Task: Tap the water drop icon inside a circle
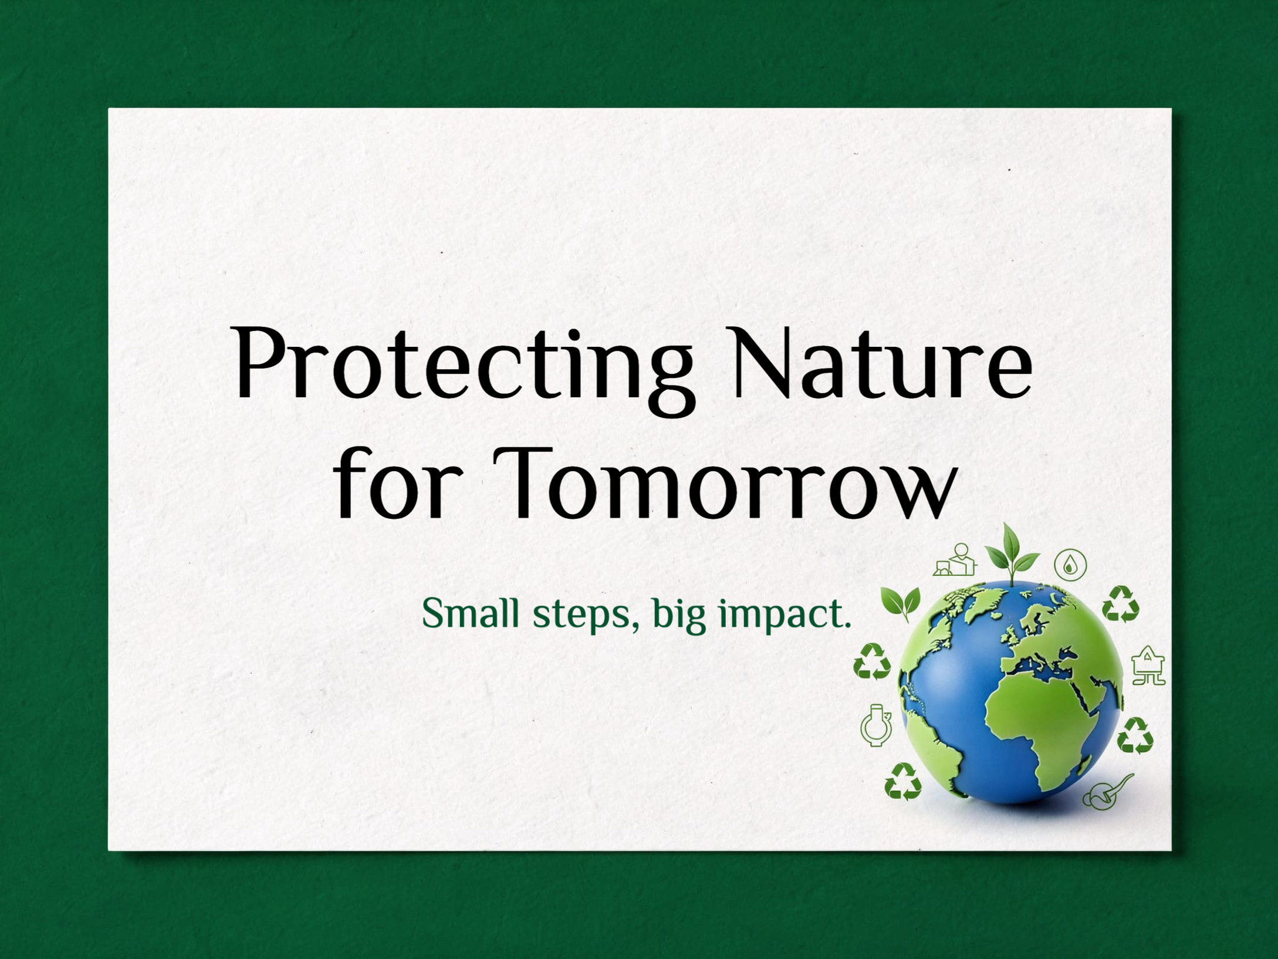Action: coord(1070,565)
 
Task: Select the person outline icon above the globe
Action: coord(956,560)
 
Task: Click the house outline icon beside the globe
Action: coord(1148,666)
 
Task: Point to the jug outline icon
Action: coord(876,725)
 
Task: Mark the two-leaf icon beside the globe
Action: coord(901,602)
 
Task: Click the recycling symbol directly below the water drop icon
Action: coord(1120,604)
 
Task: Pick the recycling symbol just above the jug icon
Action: coord(872,661)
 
